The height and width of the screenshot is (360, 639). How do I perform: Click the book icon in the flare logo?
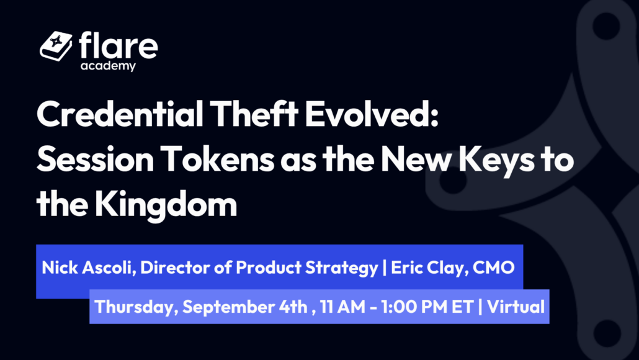pyautogui.click(x=56, y=46)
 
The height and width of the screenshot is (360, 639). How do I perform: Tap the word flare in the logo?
pyautogui.click(x=118, y=45)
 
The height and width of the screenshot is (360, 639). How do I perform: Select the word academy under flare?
pyautogui.click(x=108, y=66)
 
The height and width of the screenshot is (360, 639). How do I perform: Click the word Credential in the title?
pyautogui.click(x=120, y=114)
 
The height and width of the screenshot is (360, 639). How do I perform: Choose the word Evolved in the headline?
pyautogui.click(x=369, y=114)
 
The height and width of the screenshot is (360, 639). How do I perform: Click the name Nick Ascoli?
pyautogui.click(x=89, y=268)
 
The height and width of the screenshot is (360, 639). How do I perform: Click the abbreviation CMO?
pyautogui.click(x=493, y=268)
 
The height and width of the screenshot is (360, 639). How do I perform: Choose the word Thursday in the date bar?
pyautogui.click(x=136, y=307)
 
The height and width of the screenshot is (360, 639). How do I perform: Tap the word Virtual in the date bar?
pyautogui.click(x=516, y=307)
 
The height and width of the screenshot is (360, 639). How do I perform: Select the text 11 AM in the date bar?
pyautogui.click(x=342, y=307)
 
